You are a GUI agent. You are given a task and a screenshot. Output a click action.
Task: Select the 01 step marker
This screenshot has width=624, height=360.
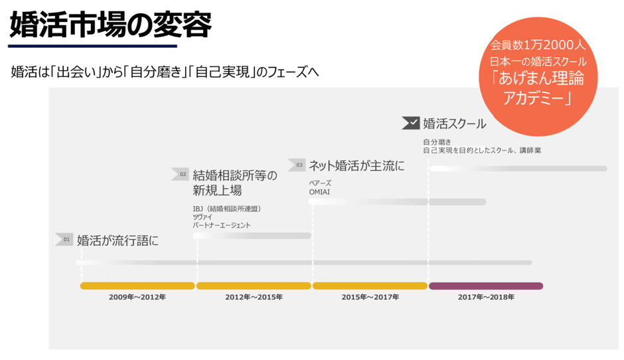(x=64, y=240)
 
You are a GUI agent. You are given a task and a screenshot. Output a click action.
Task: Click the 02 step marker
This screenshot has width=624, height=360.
(x=181, y=174)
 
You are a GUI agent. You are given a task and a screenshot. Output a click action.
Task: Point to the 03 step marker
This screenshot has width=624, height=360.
(x=297, y=164)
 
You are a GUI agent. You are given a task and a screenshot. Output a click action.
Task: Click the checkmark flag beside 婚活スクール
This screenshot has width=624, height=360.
(x=410, y=123)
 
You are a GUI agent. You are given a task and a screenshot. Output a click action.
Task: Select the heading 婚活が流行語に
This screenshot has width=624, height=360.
(x=117, y=240)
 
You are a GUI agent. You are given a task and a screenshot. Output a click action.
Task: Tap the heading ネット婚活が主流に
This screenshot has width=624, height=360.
(x=356, y=165)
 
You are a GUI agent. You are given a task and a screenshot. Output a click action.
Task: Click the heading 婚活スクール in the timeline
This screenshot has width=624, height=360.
(x=454, y=124)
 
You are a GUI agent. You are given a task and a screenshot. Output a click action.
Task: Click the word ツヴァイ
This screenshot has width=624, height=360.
(x=202, y=217)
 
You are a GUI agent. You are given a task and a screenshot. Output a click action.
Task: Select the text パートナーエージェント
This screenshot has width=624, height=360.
(x=222, y=225)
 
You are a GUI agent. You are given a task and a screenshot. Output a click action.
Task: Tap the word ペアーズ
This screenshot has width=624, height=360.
(x=320, y=183)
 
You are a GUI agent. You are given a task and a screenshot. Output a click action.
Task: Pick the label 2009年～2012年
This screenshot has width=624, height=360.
(x=137, y=297)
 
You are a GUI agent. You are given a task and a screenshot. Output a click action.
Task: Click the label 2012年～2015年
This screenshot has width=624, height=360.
(x=254, y=297)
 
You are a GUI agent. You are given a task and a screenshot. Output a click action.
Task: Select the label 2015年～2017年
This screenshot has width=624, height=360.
(x=370, y=297)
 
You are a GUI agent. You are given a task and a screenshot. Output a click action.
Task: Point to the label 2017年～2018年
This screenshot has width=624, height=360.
(x=486, y=297)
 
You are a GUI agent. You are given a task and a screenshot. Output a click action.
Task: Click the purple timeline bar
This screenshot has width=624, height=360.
(x=486, y=286)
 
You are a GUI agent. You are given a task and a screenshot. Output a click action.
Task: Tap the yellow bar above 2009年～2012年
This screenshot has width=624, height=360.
(x=137, y=286)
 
